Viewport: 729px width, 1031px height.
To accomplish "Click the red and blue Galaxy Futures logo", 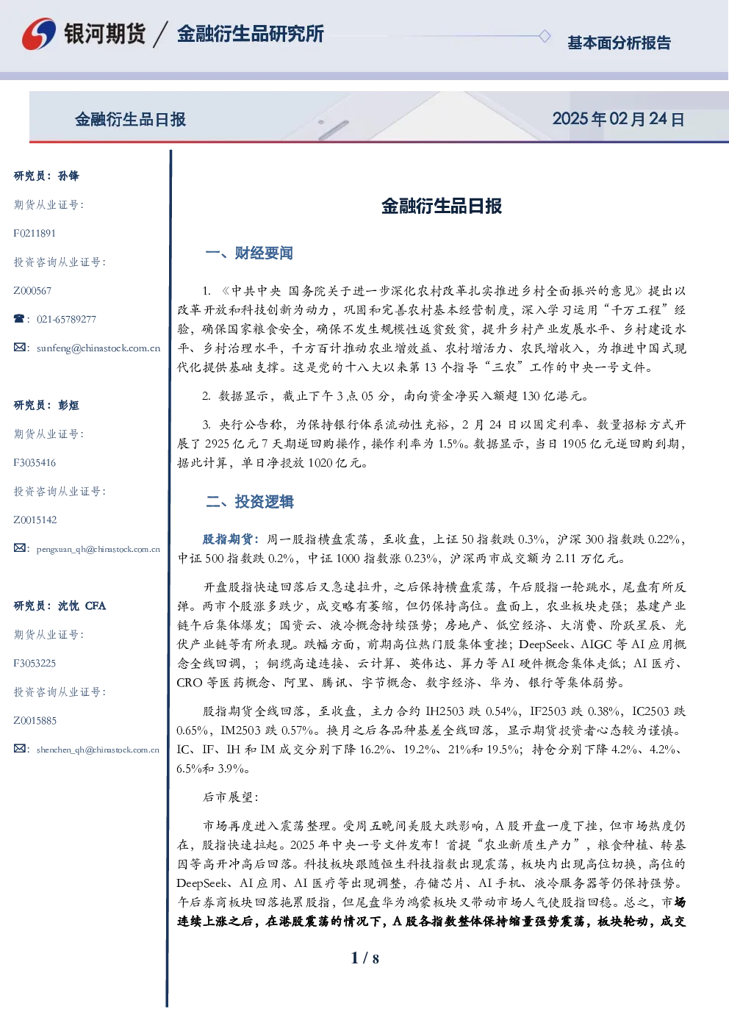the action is [x=39, y=34].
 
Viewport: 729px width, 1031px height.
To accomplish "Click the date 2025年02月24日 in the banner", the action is [x=619, y=119].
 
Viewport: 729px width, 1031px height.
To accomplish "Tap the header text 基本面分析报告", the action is [x=619, y=43].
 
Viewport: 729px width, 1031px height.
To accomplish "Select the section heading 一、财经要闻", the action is [x=249, y=253].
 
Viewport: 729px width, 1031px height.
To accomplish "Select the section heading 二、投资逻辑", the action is [x=249, y=501].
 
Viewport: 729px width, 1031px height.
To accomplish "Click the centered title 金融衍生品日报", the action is [x=442, y=206].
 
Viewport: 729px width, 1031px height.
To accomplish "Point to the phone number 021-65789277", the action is [x=66, y=319].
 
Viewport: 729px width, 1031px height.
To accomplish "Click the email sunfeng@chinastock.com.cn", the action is [x=98, y=348].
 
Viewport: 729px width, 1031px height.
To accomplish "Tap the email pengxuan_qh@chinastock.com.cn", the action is [x=98, y=549].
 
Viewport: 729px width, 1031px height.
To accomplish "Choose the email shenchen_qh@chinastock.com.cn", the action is [x=98, y=750].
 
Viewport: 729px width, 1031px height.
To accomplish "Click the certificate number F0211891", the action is [x=35, y=234].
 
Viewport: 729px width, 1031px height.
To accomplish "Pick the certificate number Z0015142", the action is [x=35, y=520].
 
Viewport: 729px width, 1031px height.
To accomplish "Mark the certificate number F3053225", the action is [x=35, y=664].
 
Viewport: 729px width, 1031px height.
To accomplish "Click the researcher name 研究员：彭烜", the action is [x=46, y=405].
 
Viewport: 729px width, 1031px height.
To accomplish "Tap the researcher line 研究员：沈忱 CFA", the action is [x=60, y=606].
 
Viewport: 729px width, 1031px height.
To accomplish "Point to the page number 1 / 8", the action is [x=364, y=958].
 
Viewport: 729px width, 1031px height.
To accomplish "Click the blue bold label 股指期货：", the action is [x=231, y=539].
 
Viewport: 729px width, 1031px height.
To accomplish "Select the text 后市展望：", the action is [x=231, y=797].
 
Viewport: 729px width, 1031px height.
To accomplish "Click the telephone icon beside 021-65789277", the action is [x=19, y=318].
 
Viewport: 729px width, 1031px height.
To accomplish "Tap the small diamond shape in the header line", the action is [x=545, y=36].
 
